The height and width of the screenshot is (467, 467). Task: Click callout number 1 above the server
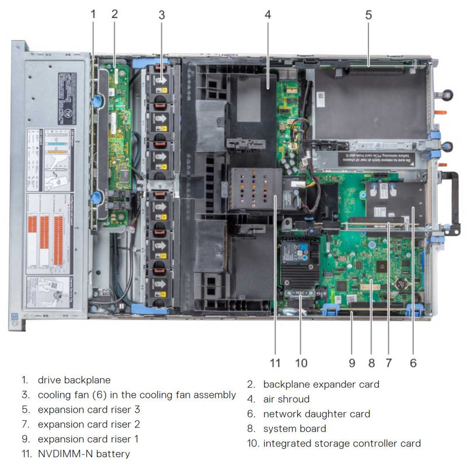pyautogui.click(x=93, y=15)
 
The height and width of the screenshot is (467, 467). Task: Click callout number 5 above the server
pyautogui.click(x=368, y=15)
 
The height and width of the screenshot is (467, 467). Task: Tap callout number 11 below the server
pyautogui.click(x=276, y=363)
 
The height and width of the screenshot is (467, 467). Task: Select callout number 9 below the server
pyautogui.click(x=352, y=363)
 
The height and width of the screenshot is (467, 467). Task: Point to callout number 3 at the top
pyautogui.click(x=162, y=15)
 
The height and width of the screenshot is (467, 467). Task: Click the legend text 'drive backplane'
pyautogui.click(x=74, y=380)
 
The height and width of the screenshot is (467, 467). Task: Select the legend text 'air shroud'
pyautogui.click(x=286, y=399)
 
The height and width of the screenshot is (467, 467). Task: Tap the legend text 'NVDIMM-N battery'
pyautogui.click(x=84, y=454)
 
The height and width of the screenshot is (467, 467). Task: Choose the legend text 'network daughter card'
pyautogui.click(x=316, y=414)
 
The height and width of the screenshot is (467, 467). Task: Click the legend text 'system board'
pyautogui.click(x=295, y=428)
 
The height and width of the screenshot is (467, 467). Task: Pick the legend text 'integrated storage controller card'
pyautogui.click(x=341, y=444)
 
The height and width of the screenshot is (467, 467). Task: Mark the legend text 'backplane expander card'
pyautogui.click(x=321, y=384)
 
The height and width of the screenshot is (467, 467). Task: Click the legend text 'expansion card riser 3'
pyautogui.click(x=89, y=409)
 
